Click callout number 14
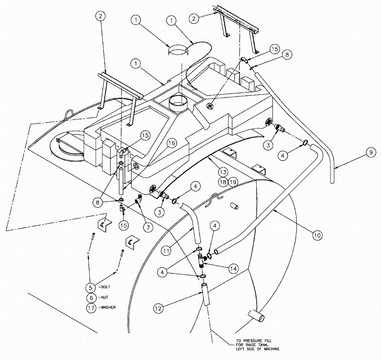click(233, 269)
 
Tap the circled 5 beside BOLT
click(91, 286)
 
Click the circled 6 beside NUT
click(91, 297)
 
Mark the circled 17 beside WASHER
click(91, 307)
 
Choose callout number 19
click(233, 182)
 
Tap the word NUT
click(103, 297)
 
